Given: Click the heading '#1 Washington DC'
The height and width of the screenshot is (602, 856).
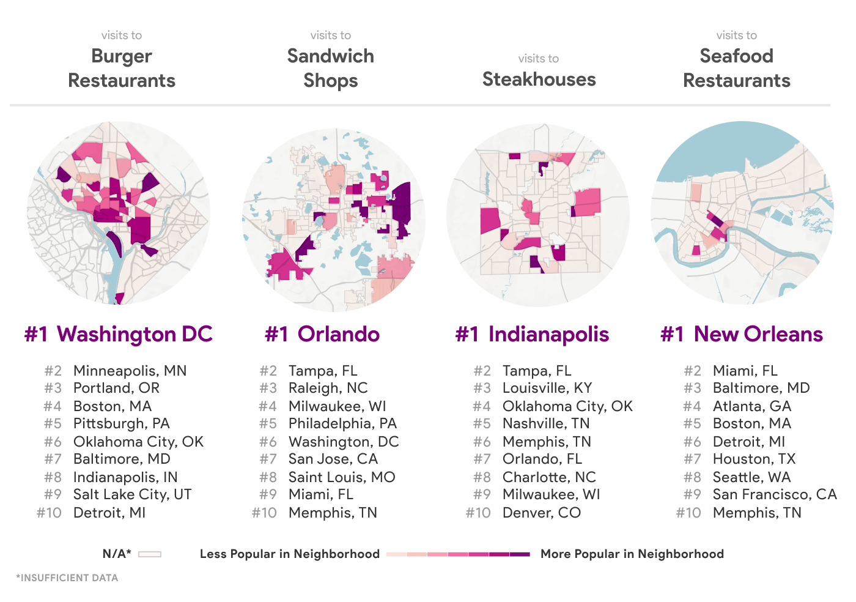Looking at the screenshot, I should pos(119,334).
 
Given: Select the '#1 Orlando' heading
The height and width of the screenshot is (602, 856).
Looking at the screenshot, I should pos(322,334).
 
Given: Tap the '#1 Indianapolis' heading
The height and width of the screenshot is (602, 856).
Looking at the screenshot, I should pos(532,334).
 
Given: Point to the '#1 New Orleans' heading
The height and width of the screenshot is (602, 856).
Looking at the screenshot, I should pos(742,334).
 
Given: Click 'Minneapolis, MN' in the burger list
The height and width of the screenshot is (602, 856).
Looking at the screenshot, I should pos(130,371).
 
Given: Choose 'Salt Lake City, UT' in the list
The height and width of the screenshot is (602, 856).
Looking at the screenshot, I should pos(132,494).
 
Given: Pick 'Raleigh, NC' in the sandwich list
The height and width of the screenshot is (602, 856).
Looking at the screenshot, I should pos(328,388).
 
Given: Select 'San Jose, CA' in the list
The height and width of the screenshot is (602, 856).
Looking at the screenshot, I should pos(333,459).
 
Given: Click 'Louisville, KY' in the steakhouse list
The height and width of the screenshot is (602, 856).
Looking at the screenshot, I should pos(547,388).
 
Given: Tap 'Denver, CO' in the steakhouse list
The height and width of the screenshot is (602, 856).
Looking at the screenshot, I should pos(541,513).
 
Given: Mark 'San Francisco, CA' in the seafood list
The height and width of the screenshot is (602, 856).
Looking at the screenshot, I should pos(774,494).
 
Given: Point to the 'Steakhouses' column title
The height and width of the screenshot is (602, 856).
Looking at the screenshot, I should pos(539,79).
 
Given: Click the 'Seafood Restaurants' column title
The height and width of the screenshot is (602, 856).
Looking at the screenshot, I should pos(736,68).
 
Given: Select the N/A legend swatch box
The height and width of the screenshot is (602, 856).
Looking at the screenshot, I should pos(150,554).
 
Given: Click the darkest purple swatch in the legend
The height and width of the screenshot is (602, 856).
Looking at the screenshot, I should pos(520,554).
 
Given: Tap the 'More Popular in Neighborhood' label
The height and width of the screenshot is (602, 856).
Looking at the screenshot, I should pos(632,554).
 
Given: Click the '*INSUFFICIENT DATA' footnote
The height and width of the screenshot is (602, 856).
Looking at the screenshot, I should pos(67,578).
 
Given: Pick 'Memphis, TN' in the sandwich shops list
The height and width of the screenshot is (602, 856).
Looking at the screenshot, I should pos(333,513).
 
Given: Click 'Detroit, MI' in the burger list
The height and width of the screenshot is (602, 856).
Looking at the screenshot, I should pos(109,513).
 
